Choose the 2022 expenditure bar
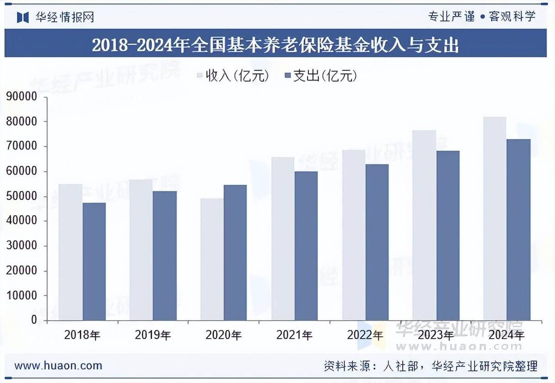377,242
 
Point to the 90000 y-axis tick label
21,97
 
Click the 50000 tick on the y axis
21,196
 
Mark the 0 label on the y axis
33,320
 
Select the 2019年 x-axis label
153,335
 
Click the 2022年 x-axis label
365,335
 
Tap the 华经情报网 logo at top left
55,17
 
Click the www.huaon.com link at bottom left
58,365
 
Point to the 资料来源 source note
430,366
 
